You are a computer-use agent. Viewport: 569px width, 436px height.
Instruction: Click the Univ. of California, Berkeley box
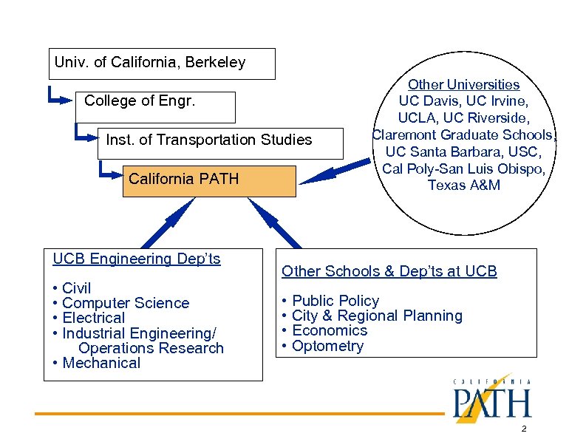[x=161, y=64]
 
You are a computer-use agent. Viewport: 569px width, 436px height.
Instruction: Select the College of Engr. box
[x=155, y=106]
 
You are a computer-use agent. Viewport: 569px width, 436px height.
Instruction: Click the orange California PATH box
[x=209, y=181]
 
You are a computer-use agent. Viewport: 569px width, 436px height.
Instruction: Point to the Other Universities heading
[x=463, y=85]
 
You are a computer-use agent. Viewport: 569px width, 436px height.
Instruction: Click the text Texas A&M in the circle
[x=463, y=185]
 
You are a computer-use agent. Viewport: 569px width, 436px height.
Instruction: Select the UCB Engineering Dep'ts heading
[x=137, y=259]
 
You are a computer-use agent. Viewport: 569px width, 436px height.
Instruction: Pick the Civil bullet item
[x=76, y=288]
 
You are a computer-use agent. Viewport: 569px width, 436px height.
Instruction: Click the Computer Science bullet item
[x=126, y=303]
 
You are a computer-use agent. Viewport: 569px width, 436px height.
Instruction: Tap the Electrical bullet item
[x=93, y=319]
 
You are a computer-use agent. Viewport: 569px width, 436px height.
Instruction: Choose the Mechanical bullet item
[x=101, y=363]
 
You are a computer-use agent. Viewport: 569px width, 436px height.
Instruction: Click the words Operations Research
[x=151, y=348]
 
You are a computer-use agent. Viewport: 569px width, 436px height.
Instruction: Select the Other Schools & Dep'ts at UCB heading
[x=389, y=271]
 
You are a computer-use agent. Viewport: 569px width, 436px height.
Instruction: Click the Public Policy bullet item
[x=335, y=301]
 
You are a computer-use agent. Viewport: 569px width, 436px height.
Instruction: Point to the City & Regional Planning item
[x=377, y=316]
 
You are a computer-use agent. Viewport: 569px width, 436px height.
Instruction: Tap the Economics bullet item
[x=330, y=330]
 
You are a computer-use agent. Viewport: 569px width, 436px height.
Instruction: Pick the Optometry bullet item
[x=328, y=346]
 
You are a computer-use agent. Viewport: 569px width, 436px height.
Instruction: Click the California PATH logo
[x=491, y=400]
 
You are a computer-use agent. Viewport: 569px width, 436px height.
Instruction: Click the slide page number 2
[x=523, y=429]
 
